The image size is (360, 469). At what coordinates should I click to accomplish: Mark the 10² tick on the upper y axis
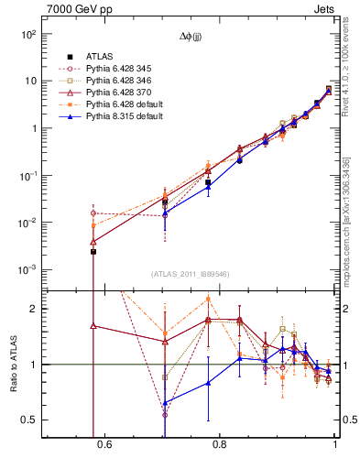pyautogui.click(x=28, y=34)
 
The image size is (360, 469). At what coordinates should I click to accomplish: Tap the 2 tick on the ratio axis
pyautogui.click(x=33, y=309)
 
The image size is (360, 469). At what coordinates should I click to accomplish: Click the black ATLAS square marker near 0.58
pyautogui.click(x=93, y=251)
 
